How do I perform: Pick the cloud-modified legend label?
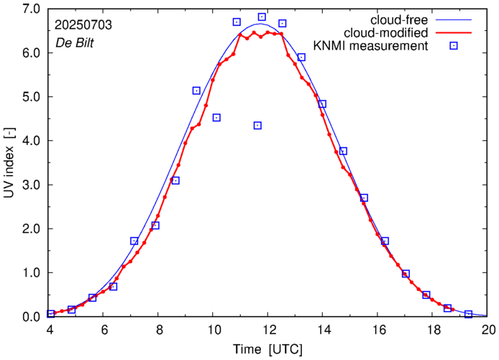pyautogui.click(x=387, y=33)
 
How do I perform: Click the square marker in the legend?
pyautogui.click(x=454, y=47)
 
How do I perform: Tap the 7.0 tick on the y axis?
pyautogui.click(x=31, y=9)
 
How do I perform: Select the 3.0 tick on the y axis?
pyautogui.click(x=31, y=185)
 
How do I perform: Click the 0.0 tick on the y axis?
pyautogui.click(x=31, y=317)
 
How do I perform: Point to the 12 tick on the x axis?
pyautogui.click(x=269, y=330)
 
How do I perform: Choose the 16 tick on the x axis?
pyautogui.click(x=379, y=330)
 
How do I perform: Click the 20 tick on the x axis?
pyautogui.click(x=489, y=330)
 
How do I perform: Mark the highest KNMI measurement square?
pyautogui.click(x=262, y=17)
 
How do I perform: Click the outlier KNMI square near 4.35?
pyautogui.click(x=257, y=126)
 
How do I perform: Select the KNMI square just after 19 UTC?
pyautogui.click(x=468, y=314)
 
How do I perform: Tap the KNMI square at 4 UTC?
pyautogui.click(x=51, y=313)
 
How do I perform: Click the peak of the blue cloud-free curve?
pyautogui.click(x=260, y=24)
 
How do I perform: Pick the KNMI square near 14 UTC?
pyautogui.click(x=322, y=104)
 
